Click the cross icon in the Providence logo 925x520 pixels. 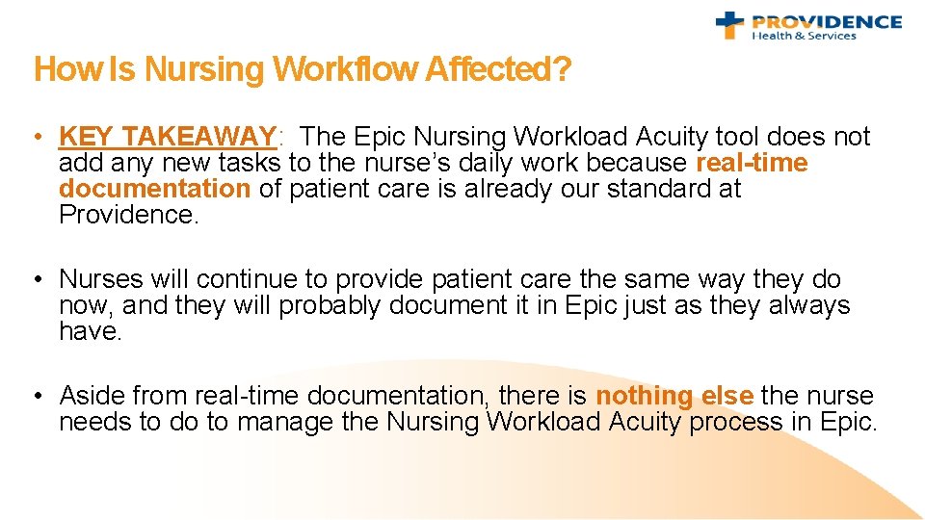pyautogui.click(x=730, y=25)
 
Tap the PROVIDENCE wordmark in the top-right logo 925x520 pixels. pyautogui.click(x=826, y=21)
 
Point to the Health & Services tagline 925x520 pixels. pyautogui.click(x=804, y=37)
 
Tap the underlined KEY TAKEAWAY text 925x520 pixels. pyautogui.click(x=168, y=138)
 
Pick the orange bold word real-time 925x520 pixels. pyautogui.click(x=751, y=164)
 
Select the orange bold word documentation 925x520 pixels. pyautogui.click(x=154, y=189)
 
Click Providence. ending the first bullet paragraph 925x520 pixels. pyautogui.click(x=128, y=215)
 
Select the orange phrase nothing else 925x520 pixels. pyautogui.click(x=674, y=396)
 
